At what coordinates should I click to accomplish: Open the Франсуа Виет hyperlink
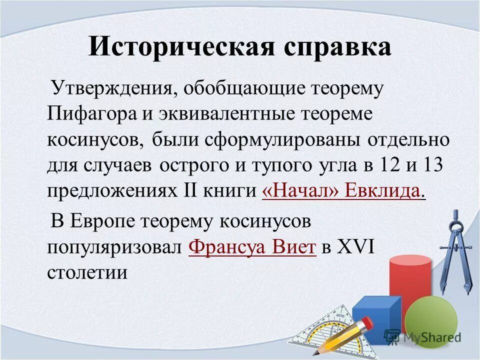click(x=253, y=247)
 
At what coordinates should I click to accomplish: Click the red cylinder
click(x=409, y=285)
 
